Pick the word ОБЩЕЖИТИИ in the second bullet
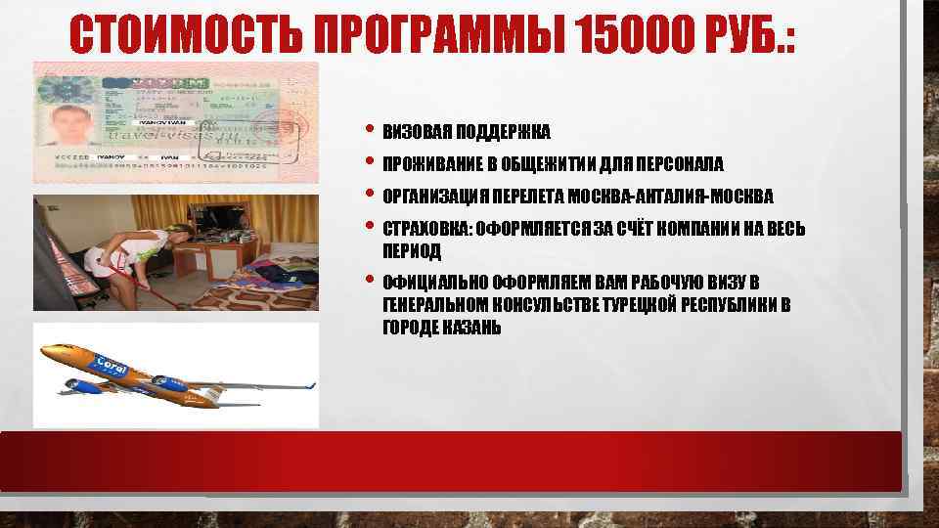pos(541,163)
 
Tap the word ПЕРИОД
pos(411,251)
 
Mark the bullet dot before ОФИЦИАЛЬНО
pos(368,281)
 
